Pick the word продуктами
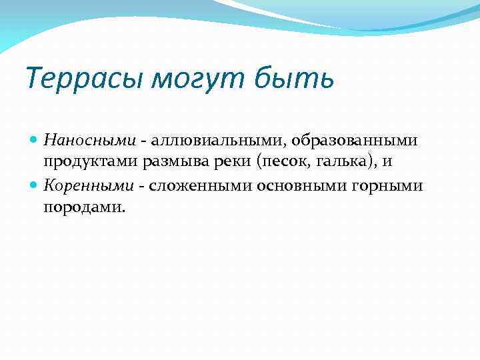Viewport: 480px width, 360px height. [x=88, y=163]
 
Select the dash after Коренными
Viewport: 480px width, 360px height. [x=142, y=187]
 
